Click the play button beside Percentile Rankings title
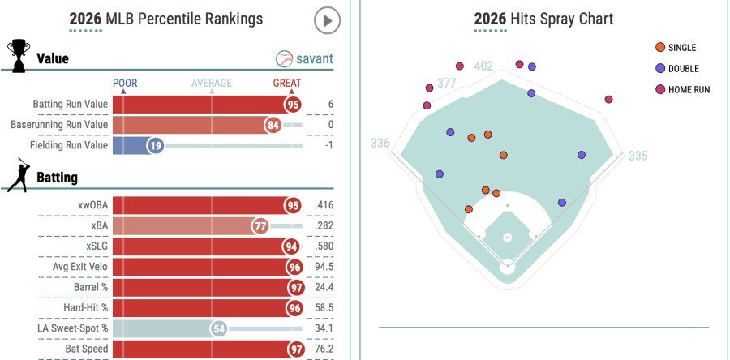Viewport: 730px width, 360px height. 327,20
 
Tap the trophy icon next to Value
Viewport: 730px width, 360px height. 18,54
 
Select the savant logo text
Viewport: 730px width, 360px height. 305,59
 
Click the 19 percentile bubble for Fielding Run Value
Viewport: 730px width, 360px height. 156,145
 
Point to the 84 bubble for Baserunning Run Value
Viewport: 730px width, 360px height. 273,125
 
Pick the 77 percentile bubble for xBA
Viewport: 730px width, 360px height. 260,226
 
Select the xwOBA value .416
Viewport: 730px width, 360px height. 324,206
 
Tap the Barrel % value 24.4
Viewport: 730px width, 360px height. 324,287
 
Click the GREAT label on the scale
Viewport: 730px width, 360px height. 287,84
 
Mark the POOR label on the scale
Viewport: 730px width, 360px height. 125,84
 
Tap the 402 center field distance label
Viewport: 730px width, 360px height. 483,66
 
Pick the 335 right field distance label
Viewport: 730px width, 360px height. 638,156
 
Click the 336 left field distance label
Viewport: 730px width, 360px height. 380,144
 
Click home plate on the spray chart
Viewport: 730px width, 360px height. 508,264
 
